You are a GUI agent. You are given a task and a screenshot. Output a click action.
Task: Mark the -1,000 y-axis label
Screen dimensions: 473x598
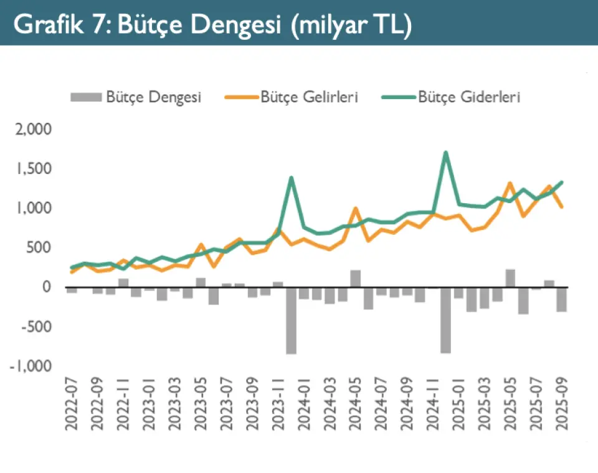(31, 366)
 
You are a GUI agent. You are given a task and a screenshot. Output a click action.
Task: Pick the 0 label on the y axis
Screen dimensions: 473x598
(47, 287)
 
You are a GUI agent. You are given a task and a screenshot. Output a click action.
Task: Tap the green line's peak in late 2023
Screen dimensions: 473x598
(291, 178)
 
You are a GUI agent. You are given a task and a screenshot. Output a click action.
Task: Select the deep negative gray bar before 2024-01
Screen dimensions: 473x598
(291, 320)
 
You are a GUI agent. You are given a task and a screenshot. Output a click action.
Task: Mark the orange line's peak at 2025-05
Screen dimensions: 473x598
(510, 183)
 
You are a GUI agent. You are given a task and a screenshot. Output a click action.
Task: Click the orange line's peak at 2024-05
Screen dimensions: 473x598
(355, 209)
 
